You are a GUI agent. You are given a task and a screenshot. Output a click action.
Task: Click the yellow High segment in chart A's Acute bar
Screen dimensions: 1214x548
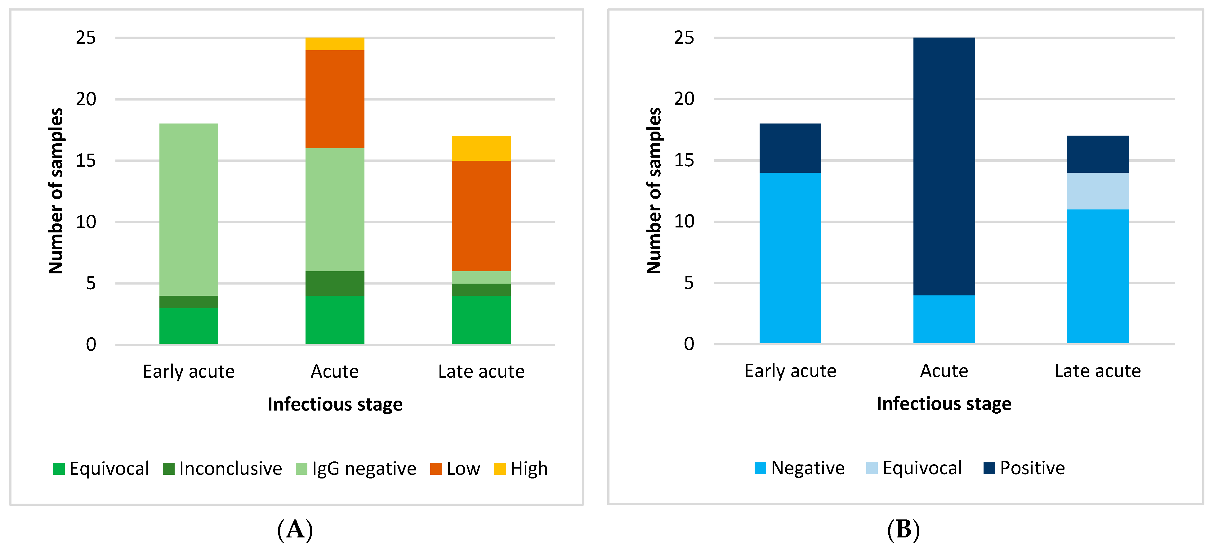pos(335,44)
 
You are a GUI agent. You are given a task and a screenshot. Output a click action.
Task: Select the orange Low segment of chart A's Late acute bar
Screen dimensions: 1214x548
pos(481,216)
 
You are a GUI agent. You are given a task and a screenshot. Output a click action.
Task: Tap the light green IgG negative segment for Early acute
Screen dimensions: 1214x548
pos(189,210)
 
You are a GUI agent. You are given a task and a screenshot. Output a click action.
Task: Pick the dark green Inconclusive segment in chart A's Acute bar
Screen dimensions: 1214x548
pos(335,283)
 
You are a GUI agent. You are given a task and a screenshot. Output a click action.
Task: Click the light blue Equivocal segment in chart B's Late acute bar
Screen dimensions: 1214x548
pos(1098,191)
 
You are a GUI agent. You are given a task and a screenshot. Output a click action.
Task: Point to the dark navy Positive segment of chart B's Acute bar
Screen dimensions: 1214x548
pos(944,166)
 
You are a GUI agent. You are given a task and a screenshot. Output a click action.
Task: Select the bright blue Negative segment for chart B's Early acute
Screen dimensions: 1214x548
pos(790,258)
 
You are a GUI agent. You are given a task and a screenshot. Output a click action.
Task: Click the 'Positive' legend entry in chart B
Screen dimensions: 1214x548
pos(1024,468)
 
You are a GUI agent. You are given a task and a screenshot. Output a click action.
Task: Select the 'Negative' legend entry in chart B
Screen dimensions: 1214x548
pos(799,468)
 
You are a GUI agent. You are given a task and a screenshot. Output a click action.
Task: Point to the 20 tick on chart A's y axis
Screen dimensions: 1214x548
pos(86,99)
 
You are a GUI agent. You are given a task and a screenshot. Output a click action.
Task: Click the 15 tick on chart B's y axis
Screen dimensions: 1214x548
pos(684,160)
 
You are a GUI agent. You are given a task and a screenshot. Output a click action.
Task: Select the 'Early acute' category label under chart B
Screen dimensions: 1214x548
pos(790,371)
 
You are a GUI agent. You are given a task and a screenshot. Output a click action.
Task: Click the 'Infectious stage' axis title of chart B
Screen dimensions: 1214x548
pos(944,404)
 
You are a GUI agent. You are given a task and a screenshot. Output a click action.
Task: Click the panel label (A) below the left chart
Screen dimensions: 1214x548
pos(295,530)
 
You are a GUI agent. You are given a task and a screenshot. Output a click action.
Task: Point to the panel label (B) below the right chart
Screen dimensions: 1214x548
pos(904,530)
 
